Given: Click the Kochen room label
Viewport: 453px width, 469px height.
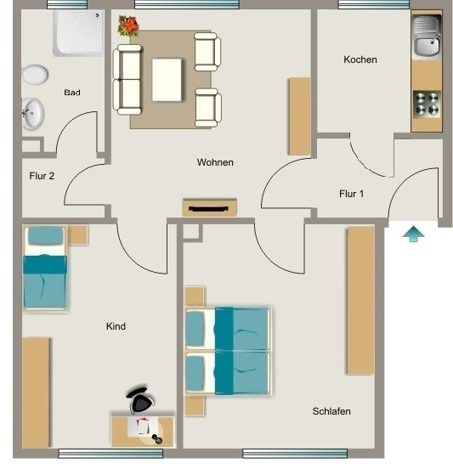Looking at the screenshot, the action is click(360, 59).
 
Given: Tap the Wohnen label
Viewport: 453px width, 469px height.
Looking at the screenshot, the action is click(215, 162).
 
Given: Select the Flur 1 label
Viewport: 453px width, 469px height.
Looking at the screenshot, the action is click(352, 194).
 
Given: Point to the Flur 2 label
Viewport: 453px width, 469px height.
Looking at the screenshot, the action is click(42, 176).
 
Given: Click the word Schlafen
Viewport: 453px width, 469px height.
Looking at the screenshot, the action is click(331, 411).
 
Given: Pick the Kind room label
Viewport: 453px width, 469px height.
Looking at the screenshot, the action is click(116, 326).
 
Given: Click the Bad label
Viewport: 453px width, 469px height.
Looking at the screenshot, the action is click(72, 93).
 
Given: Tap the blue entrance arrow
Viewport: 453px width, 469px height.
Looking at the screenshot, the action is click(413, 234).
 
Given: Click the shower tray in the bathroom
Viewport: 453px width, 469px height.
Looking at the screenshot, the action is click(78, 33).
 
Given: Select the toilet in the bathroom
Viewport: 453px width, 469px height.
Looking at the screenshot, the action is click(35, 75).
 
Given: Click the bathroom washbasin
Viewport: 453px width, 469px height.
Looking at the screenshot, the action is click(32, 114).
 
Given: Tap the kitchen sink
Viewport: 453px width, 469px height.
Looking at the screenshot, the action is click(427, 36).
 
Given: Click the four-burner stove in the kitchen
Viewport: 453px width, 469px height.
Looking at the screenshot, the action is click(427, 103).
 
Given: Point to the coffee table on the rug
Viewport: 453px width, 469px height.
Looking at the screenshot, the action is click(167, 80).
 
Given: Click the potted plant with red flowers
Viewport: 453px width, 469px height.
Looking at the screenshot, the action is click(128, 25).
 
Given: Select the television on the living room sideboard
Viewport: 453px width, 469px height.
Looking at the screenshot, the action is click(209, 208).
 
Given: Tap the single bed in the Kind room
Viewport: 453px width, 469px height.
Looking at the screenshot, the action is click(45, 268).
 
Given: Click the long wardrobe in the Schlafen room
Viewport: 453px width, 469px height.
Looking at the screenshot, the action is click(360, 300).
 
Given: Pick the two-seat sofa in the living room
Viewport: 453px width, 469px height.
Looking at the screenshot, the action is click(127, 80).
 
